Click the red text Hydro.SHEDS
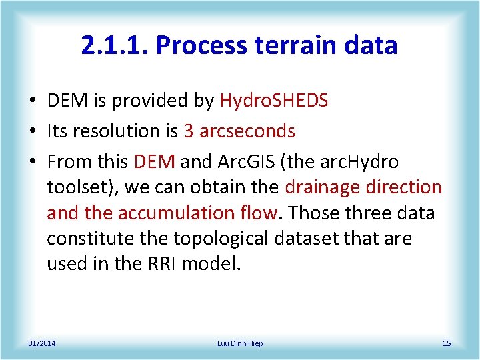(274, 101)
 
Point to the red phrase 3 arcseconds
(239, 131)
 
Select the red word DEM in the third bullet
(154, 162)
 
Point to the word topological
(217, 238)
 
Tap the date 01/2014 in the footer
(41, 343)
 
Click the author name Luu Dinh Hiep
(240, 343)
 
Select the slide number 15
(447, 343)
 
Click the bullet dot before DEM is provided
(32, 101)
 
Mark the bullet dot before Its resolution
(32, 132)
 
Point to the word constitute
(85, 238)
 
